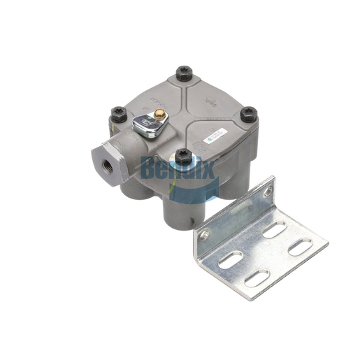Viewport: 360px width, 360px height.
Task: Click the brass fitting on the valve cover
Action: click(x=159, y=113)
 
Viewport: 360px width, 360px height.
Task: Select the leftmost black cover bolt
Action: click(x=118, y=111)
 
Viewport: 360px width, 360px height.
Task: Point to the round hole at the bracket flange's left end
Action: click(x=203, y=235)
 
